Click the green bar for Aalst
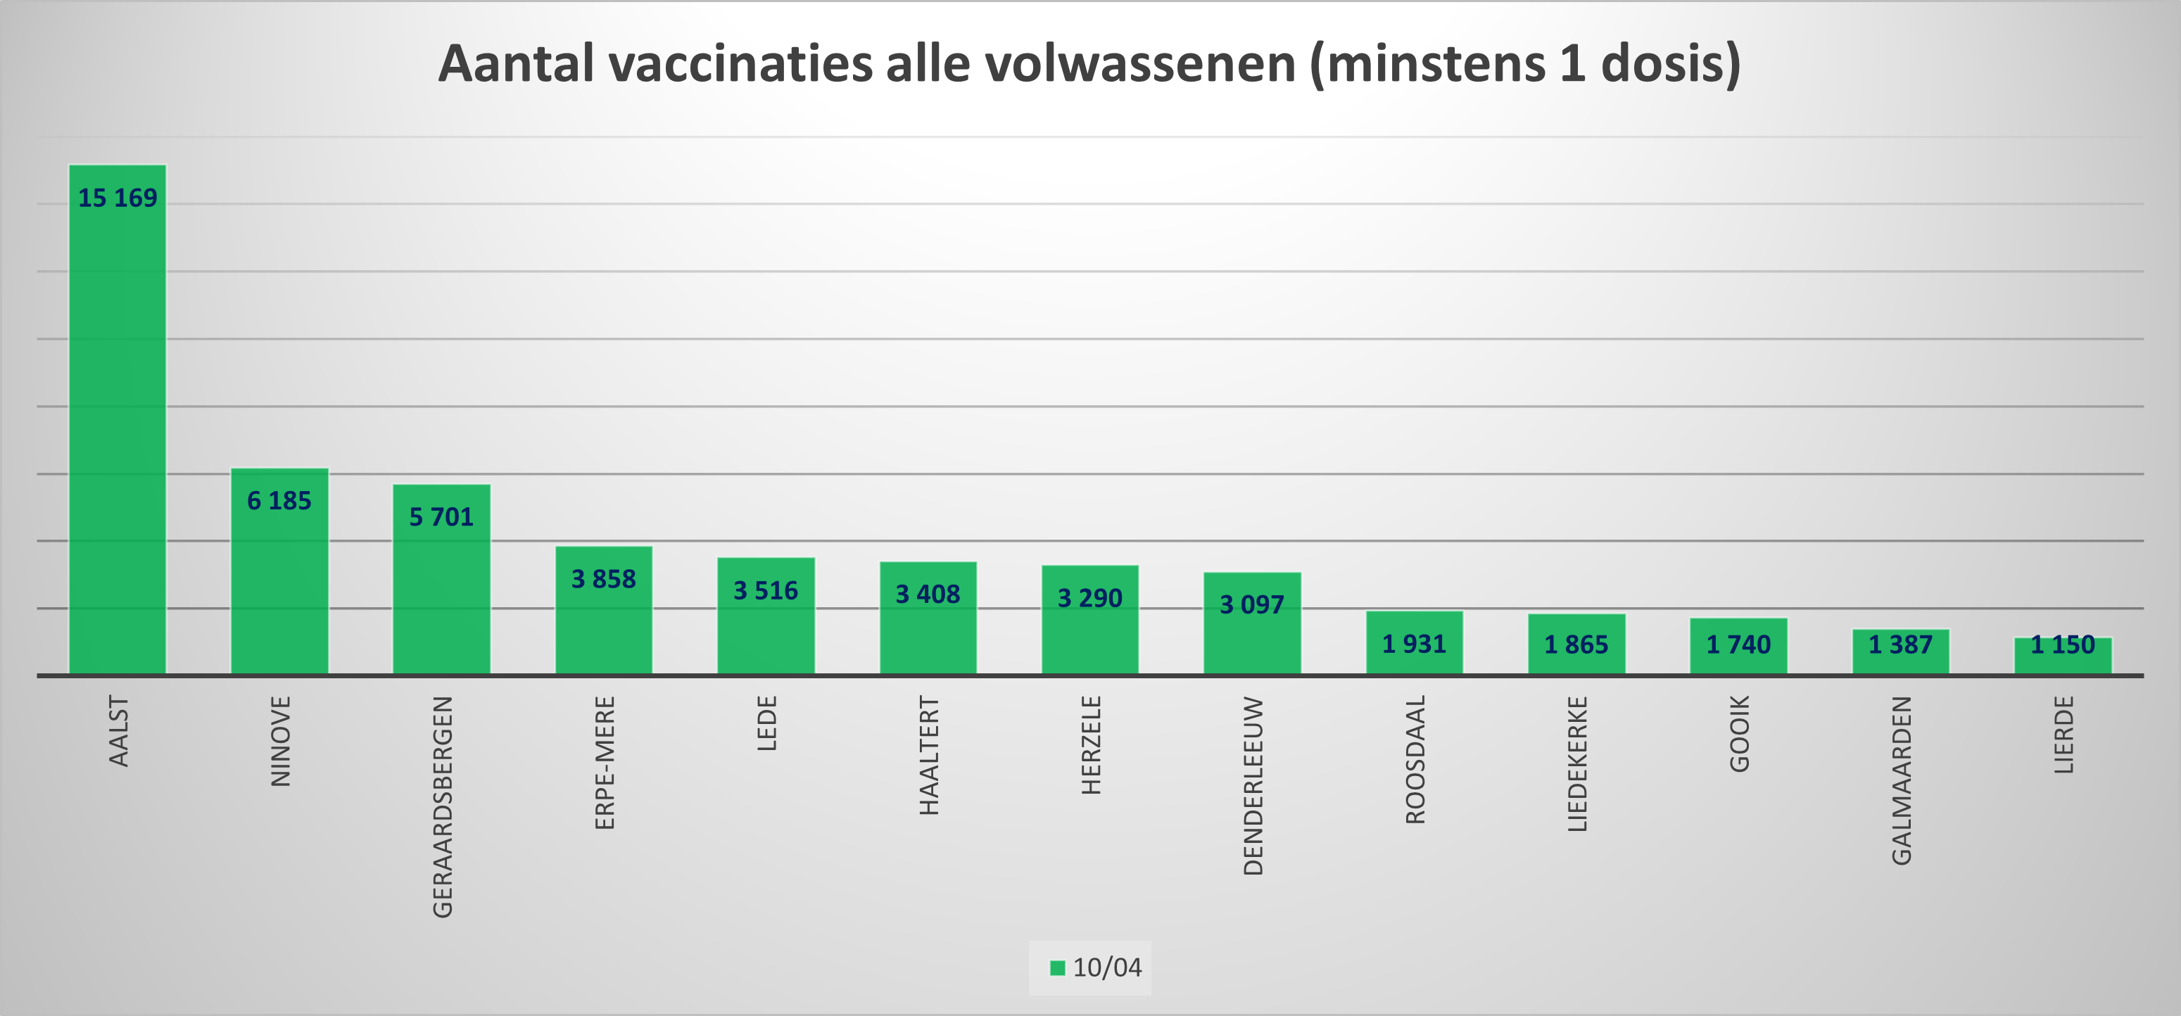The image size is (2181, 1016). [117, 424]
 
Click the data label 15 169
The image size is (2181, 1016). [117, 198]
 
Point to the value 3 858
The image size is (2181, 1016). [603, 579]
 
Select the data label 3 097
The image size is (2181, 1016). [1251, 604]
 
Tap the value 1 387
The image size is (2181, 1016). [1901, 645]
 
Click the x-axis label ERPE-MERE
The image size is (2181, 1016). [605, 763]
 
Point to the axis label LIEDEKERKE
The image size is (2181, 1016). [1577, 763]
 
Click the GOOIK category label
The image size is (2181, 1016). [1739, 733]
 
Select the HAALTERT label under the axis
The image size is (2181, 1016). [929, 755]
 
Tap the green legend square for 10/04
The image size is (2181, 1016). [1056, 967]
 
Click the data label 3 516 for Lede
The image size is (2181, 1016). [766, 590]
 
